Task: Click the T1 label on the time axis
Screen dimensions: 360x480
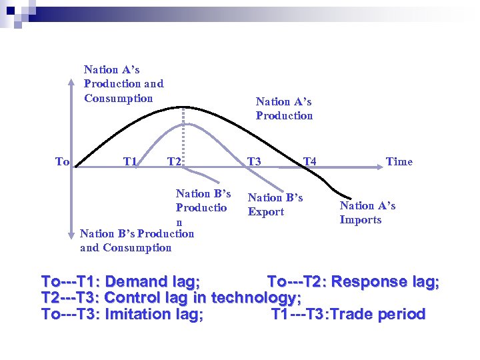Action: (x=130, y=161)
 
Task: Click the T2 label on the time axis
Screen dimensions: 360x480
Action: (x=174, y=161)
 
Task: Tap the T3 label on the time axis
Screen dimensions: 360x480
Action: (x=254, y=161)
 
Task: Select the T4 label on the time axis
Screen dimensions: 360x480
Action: (x=309, y=161)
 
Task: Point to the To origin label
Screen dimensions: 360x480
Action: (x=62, y=161)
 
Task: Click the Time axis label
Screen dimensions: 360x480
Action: (x=399, y=161)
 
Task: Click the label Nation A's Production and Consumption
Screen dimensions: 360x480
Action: (x=123, y=84)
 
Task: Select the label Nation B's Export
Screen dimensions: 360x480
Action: (x=275, y=205)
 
